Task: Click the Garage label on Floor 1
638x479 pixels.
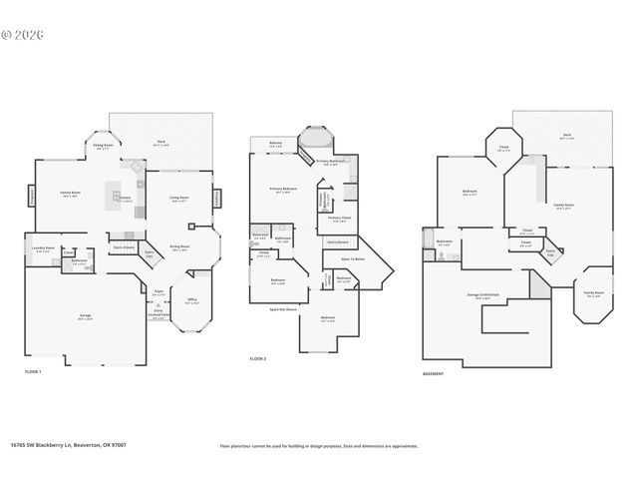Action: click(86, 316)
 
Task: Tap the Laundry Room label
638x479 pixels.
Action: click(42, 249)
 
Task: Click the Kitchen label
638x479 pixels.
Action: click(125, 199)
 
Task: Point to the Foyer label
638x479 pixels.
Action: click(158, 292)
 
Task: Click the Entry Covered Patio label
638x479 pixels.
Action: click(158, 316)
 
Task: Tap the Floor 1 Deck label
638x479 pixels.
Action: click(160, 143)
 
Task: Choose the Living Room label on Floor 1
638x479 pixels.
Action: click(179, 199)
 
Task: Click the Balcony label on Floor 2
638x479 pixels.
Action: click(276, 143)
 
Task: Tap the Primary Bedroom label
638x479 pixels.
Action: click(283, 189)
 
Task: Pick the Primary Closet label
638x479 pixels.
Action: click(339, 219)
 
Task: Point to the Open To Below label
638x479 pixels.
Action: click(338, 258)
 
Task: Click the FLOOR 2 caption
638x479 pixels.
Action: click(258, 358)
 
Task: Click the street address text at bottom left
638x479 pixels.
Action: click(68, 446)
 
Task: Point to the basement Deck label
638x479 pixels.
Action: click(566, 137)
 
